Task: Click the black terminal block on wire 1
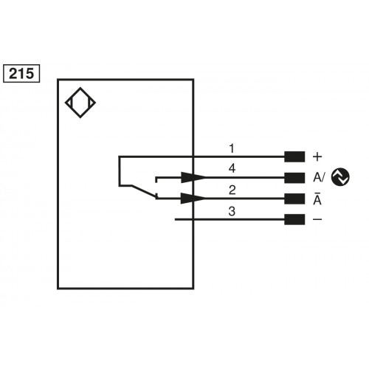pos(294,156)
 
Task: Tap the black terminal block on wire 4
pos(294,177)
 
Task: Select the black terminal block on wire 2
pos(294,199)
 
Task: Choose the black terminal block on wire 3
pos(294,219)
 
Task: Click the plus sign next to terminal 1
pos(317,156)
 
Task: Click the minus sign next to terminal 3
pos(317,219)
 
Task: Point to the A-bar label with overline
pos(317,198)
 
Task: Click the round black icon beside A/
pos(341,176)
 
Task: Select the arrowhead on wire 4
pos(193,177)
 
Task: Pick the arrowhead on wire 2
pos(193,199)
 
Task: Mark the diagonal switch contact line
pos(137,190)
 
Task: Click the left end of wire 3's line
pos(175,219)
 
